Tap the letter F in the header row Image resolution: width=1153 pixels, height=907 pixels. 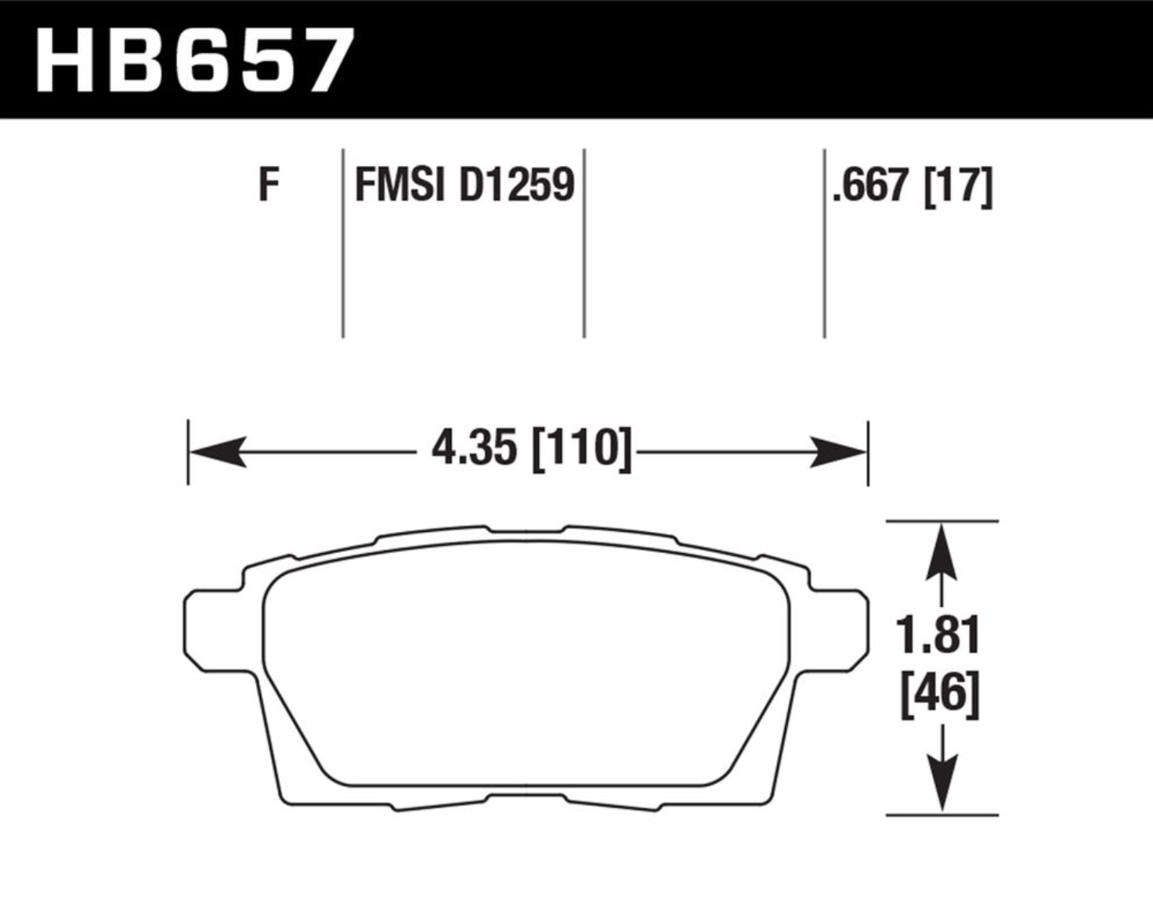(269, 184)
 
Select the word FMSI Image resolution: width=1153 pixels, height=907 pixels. (399, 185)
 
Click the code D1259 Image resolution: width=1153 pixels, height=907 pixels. (517, 185)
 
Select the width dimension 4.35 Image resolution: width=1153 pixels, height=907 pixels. (474, 448)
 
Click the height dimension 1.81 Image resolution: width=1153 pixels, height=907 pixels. (938, 635)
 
